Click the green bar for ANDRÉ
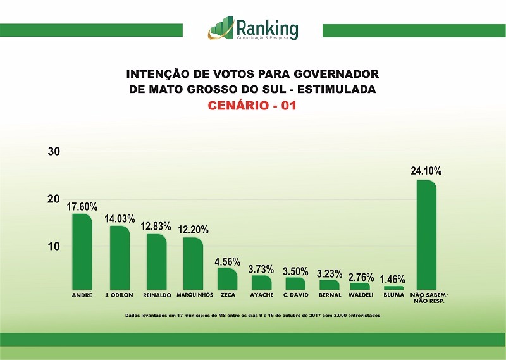[82, 252]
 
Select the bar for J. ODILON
[120, 258]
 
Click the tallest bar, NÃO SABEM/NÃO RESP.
[426, 235]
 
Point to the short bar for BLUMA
[393, 288]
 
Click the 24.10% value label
[426, 171]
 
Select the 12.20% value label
[193, 229]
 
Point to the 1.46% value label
[393, 279]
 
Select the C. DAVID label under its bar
[296, 295]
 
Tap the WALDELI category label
[361, 295]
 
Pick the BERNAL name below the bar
[330, 295]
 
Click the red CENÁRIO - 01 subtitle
[252, 106]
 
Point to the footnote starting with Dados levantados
[253, 315]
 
